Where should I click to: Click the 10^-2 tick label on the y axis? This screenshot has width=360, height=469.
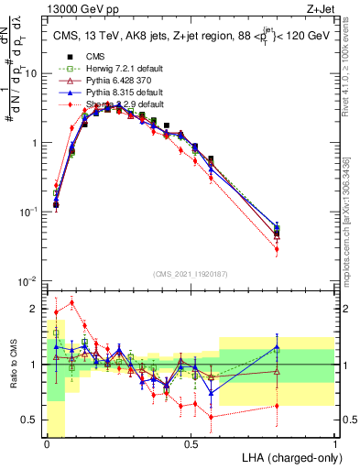(x=30, y=281)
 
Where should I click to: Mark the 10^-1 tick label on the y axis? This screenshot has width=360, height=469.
(x=30, y=212)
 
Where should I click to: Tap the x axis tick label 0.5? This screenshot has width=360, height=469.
(x=191, y=444)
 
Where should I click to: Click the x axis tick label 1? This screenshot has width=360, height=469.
(x=335, y=444)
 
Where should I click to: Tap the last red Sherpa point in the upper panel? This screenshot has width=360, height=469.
(x=278, y=249)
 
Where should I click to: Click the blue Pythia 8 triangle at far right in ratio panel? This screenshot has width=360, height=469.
(x=278, y=346)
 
